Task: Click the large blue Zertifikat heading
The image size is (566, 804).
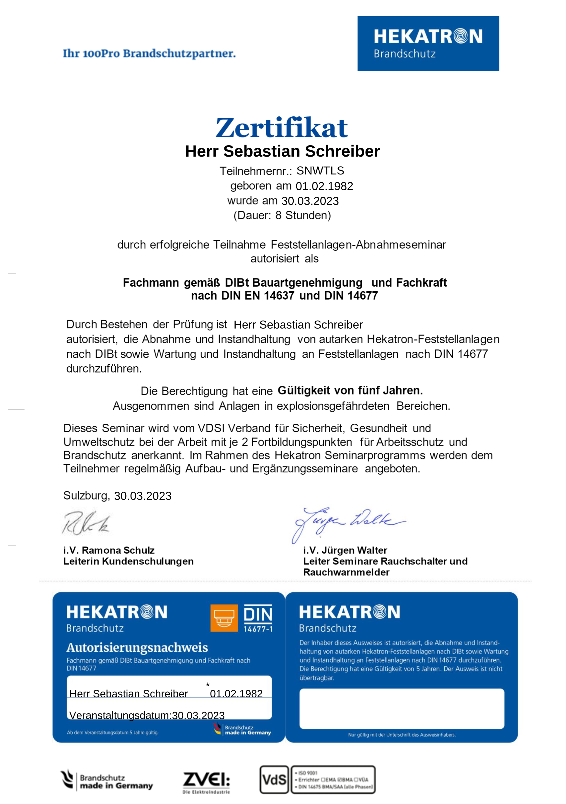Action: point(282,128)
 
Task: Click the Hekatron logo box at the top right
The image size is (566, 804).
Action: point(428,43)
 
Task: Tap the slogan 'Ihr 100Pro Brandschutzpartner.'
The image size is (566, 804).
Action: point(149,53)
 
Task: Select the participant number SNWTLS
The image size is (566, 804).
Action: point(320,171)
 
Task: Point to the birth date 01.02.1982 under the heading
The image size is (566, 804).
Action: point(324,186)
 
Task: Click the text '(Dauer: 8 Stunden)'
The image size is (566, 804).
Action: point(282,215)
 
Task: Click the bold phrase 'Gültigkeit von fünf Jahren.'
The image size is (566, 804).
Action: point(350,390)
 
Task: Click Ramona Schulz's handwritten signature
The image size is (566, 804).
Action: point(86,523)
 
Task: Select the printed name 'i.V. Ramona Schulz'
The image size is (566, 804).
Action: point(109,550)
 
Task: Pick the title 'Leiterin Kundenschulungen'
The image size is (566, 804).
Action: point(128,561)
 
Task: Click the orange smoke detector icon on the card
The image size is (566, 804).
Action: point(224,618)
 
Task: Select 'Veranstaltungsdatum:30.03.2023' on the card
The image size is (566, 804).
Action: point(147,715)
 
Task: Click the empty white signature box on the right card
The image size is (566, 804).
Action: point(402,708)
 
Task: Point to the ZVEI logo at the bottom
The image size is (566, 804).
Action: point(206,782)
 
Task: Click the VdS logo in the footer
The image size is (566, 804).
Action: point(274,780)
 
